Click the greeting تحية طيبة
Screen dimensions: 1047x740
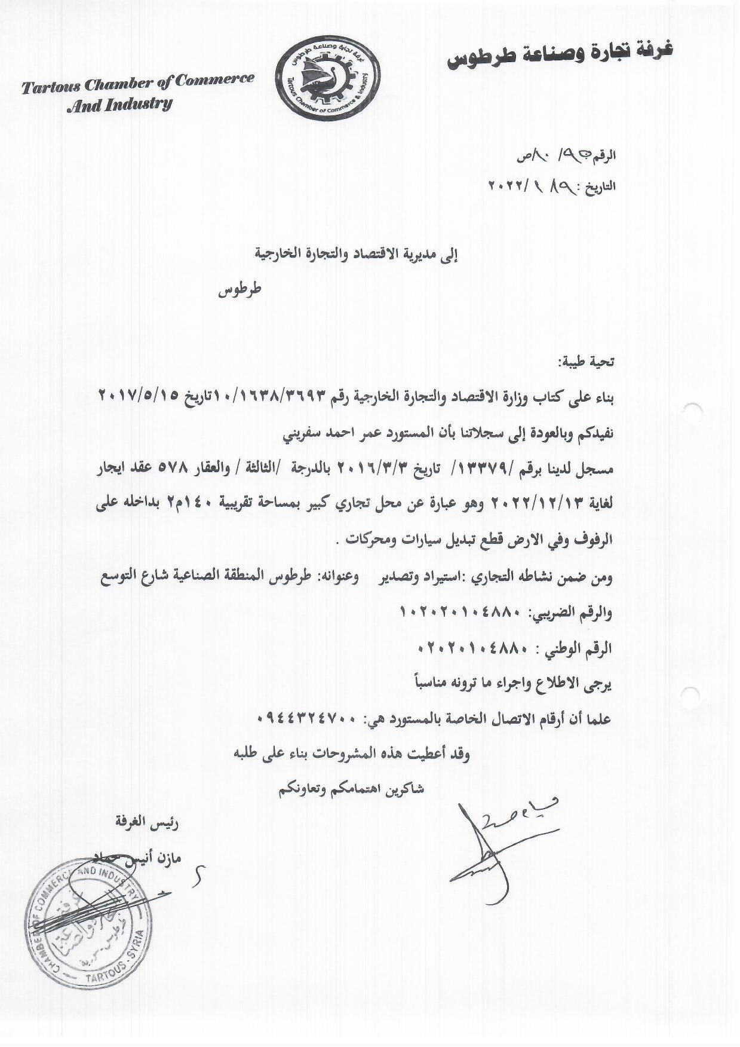pos(586,362)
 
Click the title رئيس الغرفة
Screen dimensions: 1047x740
pos(147,823)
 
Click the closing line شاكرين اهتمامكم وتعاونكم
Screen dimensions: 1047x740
pos(351,789)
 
